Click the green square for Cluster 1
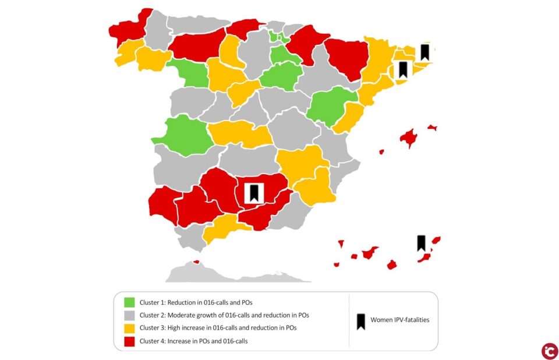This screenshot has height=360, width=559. pyautogui.click(x=129, y=303)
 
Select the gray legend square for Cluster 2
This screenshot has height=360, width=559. pyautogui.click(x=129, y=315)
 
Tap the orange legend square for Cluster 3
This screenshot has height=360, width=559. pyautogui.click(x=129, y=328)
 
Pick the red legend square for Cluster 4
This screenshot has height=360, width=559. pyautogui.click(x=129, y=341)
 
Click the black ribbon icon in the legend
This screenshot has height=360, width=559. pyautogui.click(x=361, y=321)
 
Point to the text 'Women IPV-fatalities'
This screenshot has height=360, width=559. pyautogui.click(x=399, y=320)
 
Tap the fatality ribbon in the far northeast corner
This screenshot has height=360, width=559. pyautogui.click(x=425, y=52)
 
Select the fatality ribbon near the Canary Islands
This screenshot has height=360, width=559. pyautogui.click(x=421, y=243)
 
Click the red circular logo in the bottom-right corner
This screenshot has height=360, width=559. pyautogui.click(x=549, y=351)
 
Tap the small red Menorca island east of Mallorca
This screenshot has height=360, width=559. pyautogui.click(x=432, y=127)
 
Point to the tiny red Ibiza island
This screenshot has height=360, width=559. pyautogui.click(x=381, y=151)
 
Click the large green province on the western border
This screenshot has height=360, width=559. pyautogui.click(x=182, y=136)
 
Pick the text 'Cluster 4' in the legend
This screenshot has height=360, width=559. pyautogui.click(x=153, y=341)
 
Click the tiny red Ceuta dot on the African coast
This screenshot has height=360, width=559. pyautogui.click(x=196, y=262)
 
